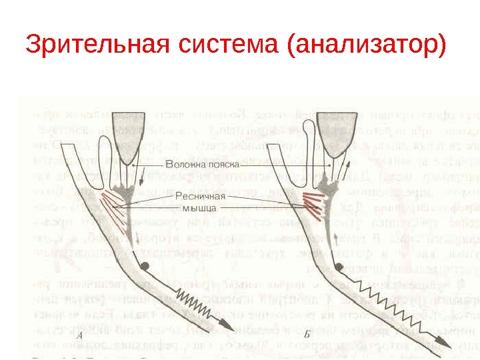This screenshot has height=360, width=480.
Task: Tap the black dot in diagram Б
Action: (341, 265)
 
